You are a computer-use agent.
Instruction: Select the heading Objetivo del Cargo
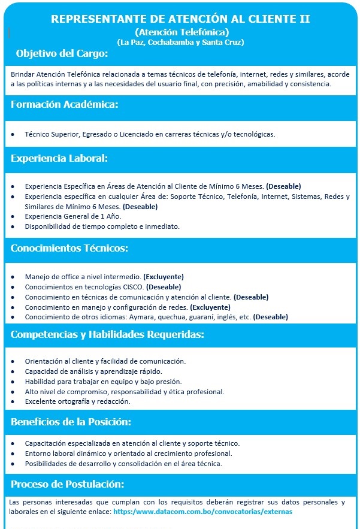click(62, 54)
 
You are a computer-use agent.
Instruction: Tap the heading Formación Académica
click(64, 105)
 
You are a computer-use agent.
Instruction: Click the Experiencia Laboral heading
click(59, 159)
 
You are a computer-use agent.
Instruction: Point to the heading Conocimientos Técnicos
click(69, 247)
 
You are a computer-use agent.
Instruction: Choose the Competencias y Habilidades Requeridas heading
click(107, 334)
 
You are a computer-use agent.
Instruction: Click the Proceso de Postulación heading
click(68, 483)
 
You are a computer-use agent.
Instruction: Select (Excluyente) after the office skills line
click(163, 277)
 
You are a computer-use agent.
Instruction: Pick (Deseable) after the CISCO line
click(164, 287)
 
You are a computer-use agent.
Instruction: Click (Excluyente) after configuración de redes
click(210, 307)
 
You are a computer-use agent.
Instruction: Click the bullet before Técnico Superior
click(13, 134)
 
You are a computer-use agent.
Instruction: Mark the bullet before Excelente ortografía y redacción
click(13, 401)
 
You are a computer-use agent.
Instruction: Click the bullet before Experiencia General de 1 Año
click(13, 216)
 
